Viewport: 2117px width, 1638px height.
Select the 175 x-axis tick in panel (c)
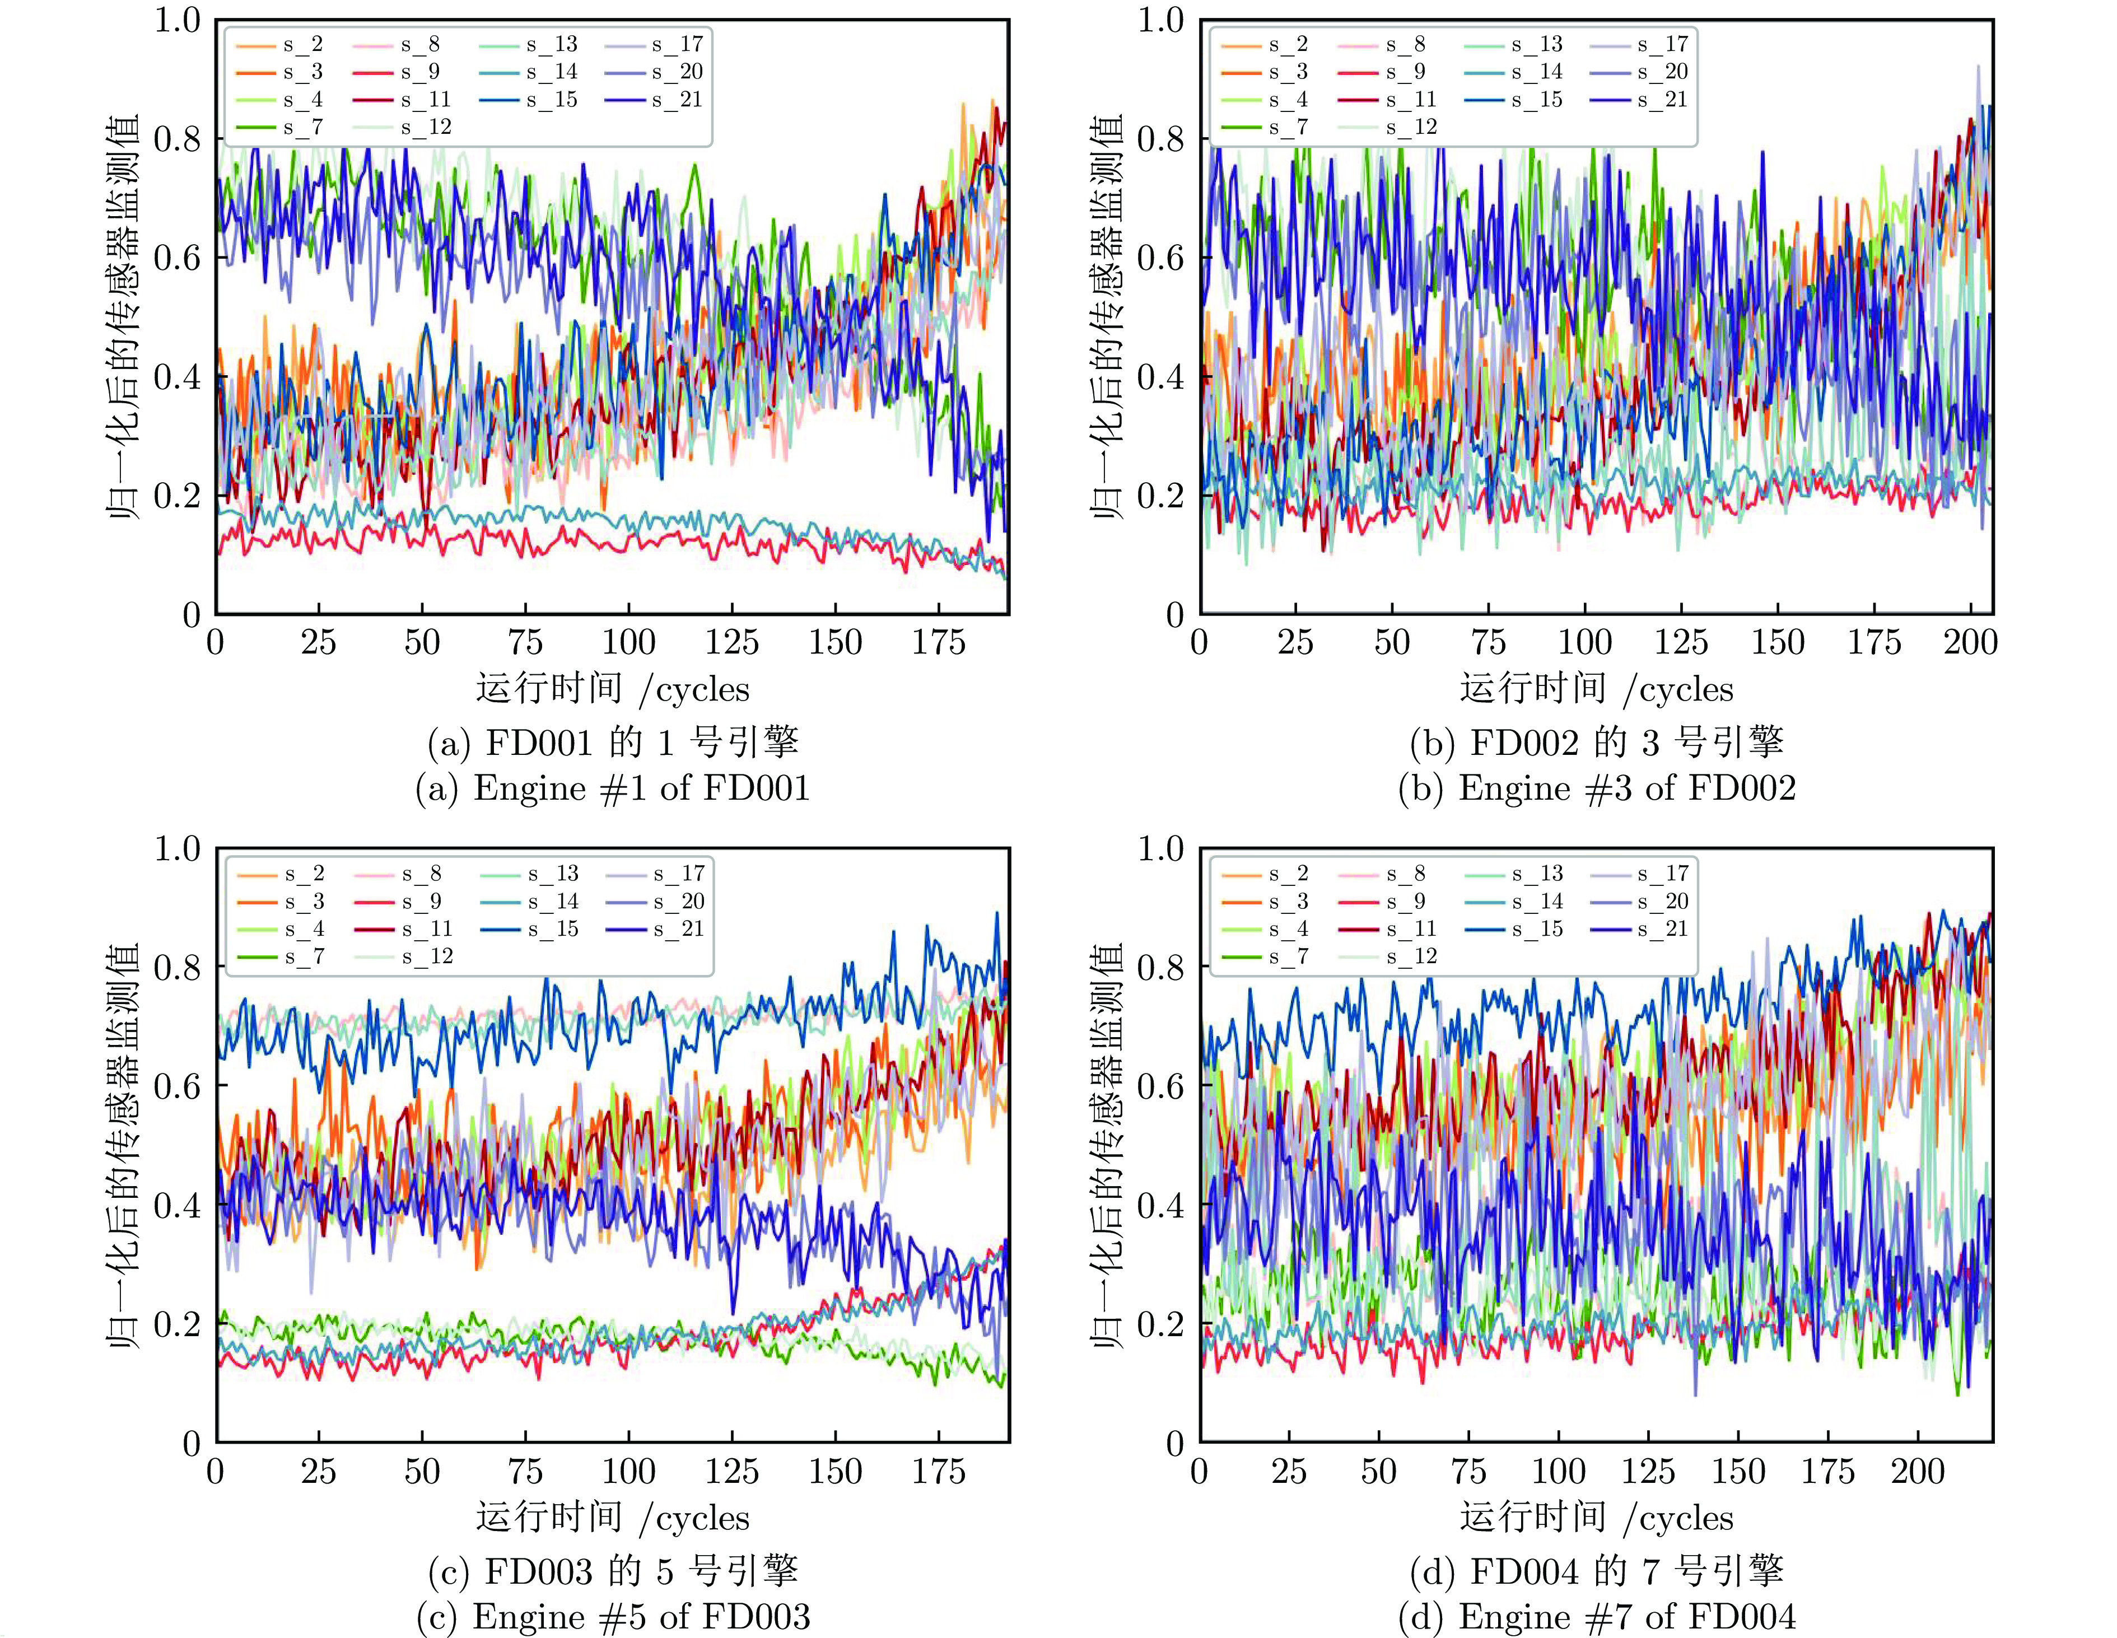938,1471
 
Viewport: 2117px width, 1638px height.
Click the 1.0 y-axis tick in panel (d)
1161,849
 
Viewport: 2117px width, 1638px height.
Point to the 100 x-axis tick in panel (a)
628,642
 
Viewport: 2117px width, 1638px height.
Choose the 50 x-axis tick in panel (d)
1378,1471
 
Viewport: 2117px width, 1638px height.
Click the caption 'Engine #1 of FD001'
613,788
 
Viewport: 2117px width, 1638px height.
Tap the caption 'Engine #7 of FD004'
1597,1617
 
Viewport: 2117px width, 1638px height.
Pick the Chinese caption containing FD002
1597,741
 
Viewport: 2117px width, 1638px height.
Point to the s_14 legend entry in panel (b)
1536,72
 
